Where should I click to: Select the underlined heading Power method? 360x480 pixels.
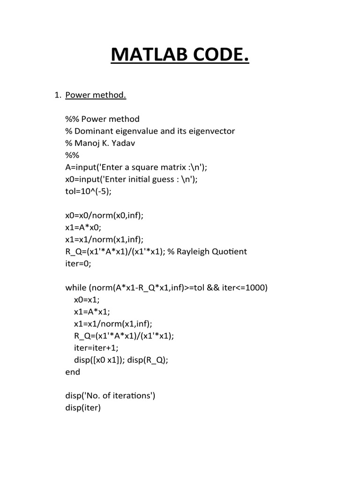click(96, 95)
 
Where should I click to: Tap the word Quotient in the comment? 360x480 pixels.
click(231, 252)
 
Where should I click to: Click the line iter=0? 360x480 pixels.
click(78, 263)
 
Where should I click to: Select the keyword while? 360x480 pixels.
click(75, 287)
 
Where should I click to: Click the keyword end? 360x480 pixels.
click(73, 372)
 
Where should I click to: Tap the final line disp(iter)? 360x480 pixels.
click(83, 408)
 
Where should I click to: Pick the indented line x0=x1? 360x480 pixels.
click(87, 300)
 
